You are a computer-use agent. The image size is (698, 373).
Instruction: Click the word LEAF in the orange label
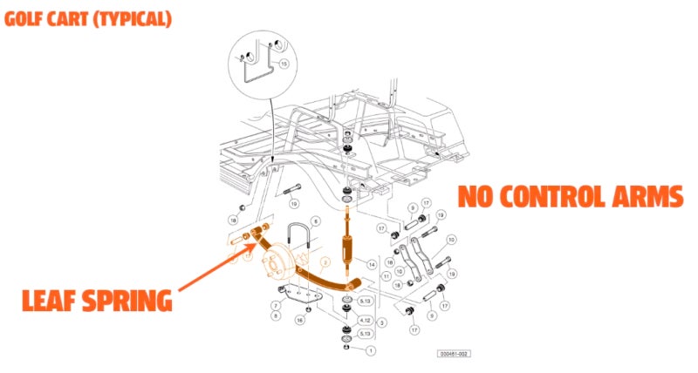click(57, 302)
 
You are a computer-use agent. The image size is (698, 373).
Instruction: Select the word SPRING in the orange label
click(132, 302)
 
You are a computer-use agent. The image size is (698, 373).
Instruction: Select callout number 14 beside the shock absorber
click(371, 263)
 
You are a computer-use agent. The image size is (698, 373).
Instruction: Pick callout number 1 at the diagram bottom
click(371, 350)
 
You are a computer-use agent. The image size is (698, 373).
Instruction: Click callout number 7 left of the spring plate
click(275, 305)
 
